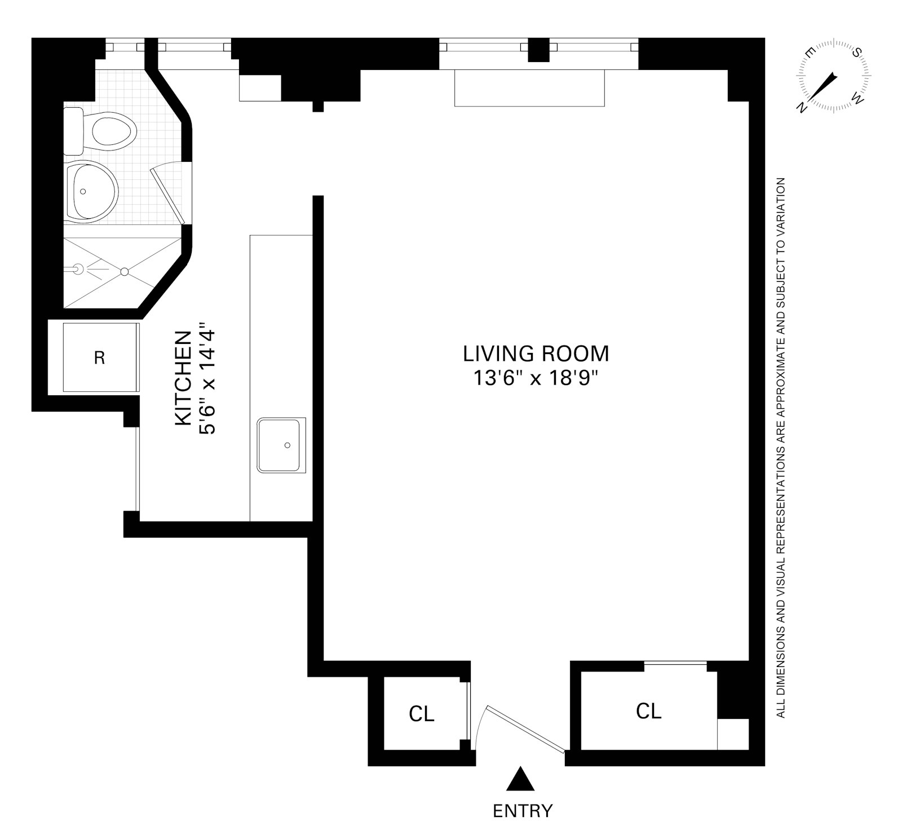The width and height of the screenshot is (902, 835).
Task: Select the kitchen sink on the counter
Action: [281, 445]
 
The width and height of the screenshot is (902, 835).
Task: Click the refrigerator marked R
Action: [100, 357]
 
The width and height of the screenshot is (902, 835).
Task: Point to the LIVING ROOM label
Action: [536, 354]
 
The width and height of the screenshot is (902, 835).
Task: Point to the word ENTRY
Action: [522, 811]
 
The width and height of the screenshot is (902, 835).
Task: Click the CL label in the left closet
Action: [422, 714]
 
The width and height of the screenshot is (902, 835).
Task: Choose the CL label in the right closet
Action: [648, 711]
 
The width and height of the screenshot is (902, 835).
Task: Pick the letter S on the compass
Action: [856, 54]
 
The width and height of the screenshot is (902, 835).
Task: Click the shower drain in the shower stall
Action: [125, 272]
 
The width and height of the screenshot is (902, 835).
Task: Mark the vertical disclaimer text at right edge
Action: [781, 448]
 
